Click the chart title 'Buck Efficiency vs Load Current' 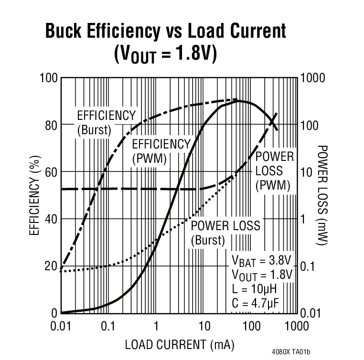[165, 31]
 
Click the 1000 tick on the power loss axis [313, 78]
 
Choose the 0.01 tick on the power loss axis [312, 313]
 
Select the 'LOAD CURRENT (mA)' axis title [180, 344]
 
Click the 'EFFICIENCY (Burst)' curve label [106, 123]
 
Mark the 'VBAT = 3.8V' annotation [261, 261]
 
